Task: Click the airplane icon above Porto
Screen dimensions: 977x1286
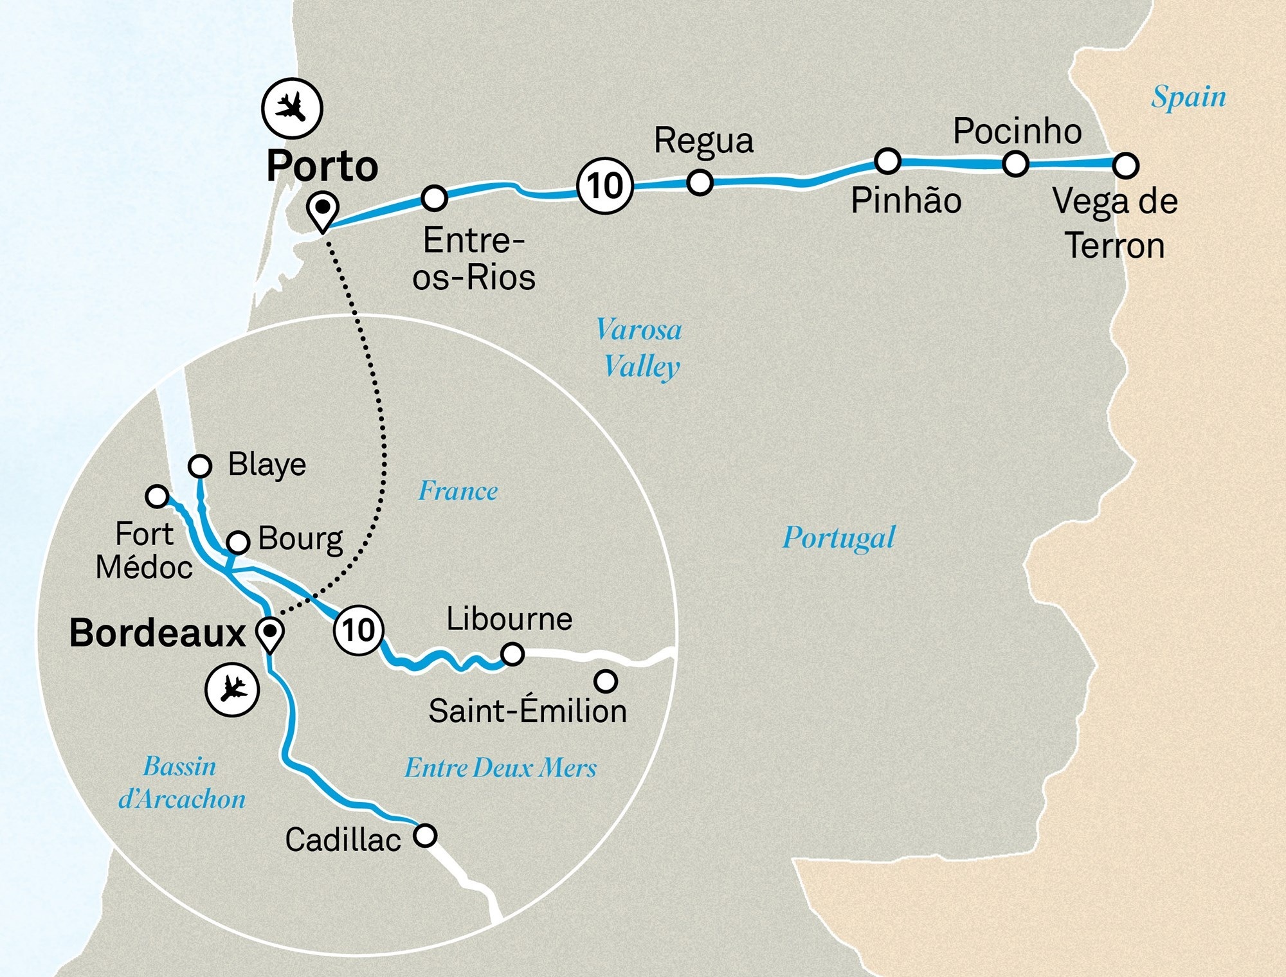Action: click(x=292, y=108)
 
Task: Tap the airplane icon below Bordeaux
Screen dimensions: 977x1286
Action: click(x=232, y=690)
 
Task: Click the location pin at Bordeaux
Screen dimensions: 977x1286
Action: click(x=269, y=634)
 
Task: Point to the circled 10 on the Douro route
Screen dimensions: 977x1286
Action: click(x=605, y=186)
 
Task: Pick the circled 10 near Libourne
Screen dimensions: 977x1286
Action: click(x=359, y=630)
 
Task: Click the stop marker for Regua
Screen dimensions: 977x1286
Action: click(x=700, y=182)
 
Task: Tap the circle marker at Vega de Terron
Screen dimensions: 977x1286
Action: click(x=1125, y=165)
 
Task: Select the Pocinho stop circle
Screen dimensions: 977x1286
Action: click(x=1015, y=163)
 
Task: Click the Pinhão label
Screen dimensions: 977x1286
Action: click(x=906, y=201)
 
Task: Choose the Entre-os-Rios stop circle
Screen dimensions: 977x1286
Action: click(x=434, y=198)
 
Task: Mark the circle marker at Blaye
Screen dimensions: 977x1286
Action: click(x=200, y=465)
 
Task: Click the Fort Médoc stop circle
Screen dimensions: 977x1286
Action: click(x=157, y=496)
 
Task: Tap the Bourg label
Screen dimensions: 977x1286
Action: click(x=300, y=539)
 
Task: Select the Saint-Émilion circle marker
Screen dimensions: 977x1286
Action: click(x=606, y=681)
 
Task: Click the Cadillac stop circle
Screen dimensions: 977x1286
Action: click(x=424, y=835)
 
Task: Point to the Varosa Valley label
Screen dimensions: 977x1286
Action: click(x=639, y=348)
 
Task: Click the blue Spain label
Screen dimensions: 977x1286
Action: click(x=1188, y=97)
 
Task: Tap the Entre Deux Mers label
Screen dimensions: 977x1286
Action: click(x=500, y=767)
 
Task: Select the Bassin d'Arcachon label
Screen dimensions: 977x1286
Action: click(x=181, y=782)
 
